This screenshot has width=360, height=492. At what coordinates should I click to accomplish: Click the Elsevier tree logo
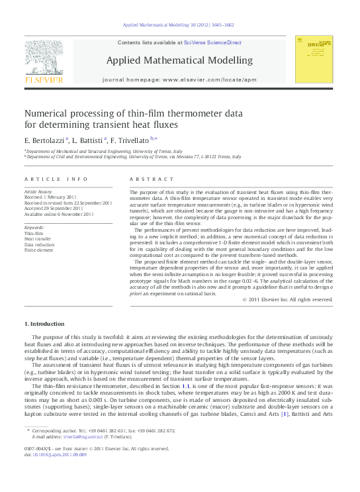44,56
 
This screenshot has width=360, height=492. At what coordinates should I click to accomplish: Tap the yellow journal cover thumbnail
315,61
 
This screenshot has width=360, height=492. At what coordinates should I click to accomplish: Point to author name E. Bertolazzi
44,140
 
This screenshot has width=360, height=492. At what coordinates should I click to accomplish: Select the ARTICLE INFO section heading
56,179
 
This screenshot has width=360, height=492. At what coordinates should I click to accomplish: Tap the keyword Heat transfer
38,239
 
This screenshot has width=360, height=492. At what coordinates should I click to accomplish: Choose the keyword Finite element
38,250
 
